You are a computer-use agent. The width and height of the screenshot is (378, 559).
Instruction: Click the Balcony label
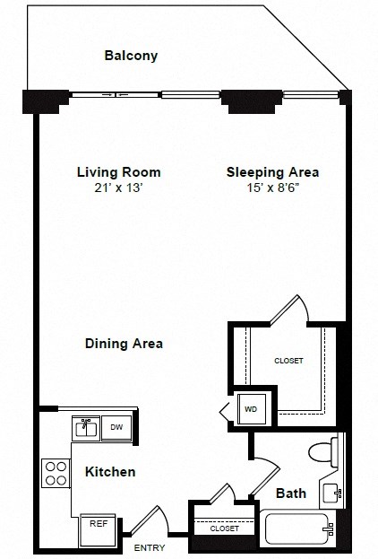(131, 56)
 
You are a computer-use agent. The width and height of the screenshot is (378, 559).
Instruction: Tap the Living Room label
(118, 171)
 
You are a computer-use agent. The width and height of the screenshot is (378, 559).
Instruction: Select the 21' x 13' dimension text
(118, 188)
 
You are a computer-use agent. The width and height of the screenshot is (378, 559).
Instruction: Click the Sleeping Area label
(272, 171)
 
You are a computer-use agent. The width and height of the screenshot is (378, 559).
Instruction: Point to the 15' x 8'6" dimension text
(272, 188)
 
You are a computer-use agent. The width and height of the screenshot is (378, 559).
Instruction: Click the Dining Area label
(124, 343)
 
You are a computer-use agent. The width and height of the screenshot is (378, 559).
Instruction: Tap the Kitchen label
(110, 471)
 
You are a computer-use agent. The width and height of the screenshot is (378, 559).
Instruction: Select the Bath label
(291, 493)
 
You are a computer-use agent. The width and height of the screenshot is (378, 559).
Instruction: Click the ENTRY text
(149, 546)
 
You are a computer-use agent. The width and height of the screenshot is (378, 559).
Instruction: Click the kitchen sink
(87, 428)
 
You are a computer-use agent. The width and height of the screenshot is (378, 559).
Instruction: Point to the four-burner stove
(56, 472)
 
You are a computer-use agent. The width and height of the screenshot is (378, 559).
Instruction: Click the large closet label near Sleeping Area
(288, 361)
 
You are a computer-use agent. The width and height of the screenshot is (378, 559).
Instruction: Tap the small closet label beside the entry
(225, 529)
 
